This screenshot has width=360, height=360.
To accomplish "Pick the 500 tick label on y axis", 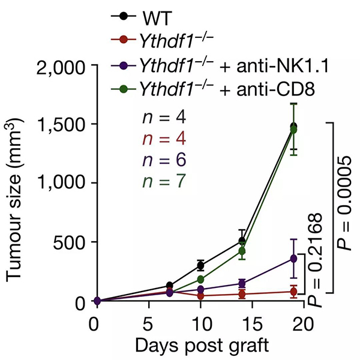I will click(x=67, y=242).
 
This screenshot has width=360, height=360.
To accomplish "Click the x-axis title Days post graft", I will click(x=199, y=346).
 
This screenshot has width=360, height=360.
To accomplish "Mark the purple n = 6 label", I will click(x=160, y=160).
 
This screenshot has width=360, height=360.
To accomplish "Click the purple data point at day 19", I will click(x=293, y=259).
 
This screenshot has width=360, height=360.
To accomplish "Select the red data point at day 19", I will click(x=293, y=292).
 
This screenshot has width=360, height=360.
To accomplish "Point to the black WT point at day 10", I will click(x=200, y=265).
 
